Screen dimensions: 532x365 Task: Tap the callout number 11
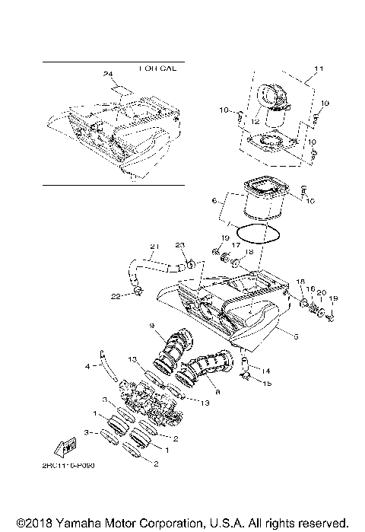coord(318,68)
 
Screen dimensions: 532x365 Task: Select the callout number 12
coord(255,121)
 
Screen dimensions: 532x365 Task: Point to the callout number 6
coord(215,201)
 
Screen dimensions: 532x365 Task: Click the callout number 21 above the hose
coord(154,246)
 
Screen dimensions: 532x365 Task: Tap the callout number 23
coord(179,244)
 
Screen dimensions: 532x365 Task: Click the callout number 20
coord(321,292)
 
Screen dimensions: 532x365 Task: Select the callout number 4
coord(87,366)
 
